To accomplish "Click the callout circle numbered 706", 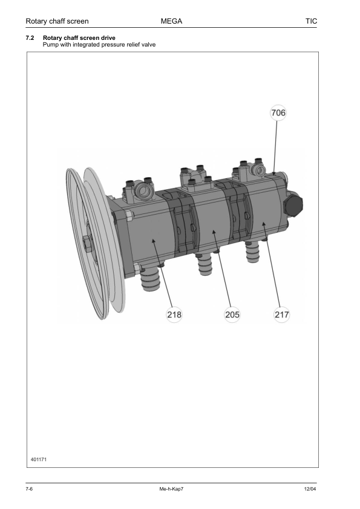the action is point(278,113).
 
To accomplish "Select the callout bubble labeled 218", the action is point(174,314).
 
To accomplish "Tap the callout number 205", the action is point(232,314).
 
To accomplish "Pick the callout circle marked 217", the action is point(281,314).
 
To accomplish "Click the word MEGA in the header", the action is point(171,21).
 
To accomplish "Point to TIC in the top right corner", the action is point(311,21).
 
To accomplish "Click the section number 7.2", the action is point(30,38).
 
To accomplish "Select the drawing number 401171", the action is point(39,459).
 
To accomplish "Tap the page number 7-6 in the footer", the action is point(29,489).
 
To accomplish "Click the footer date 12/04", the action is point(310,489).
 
